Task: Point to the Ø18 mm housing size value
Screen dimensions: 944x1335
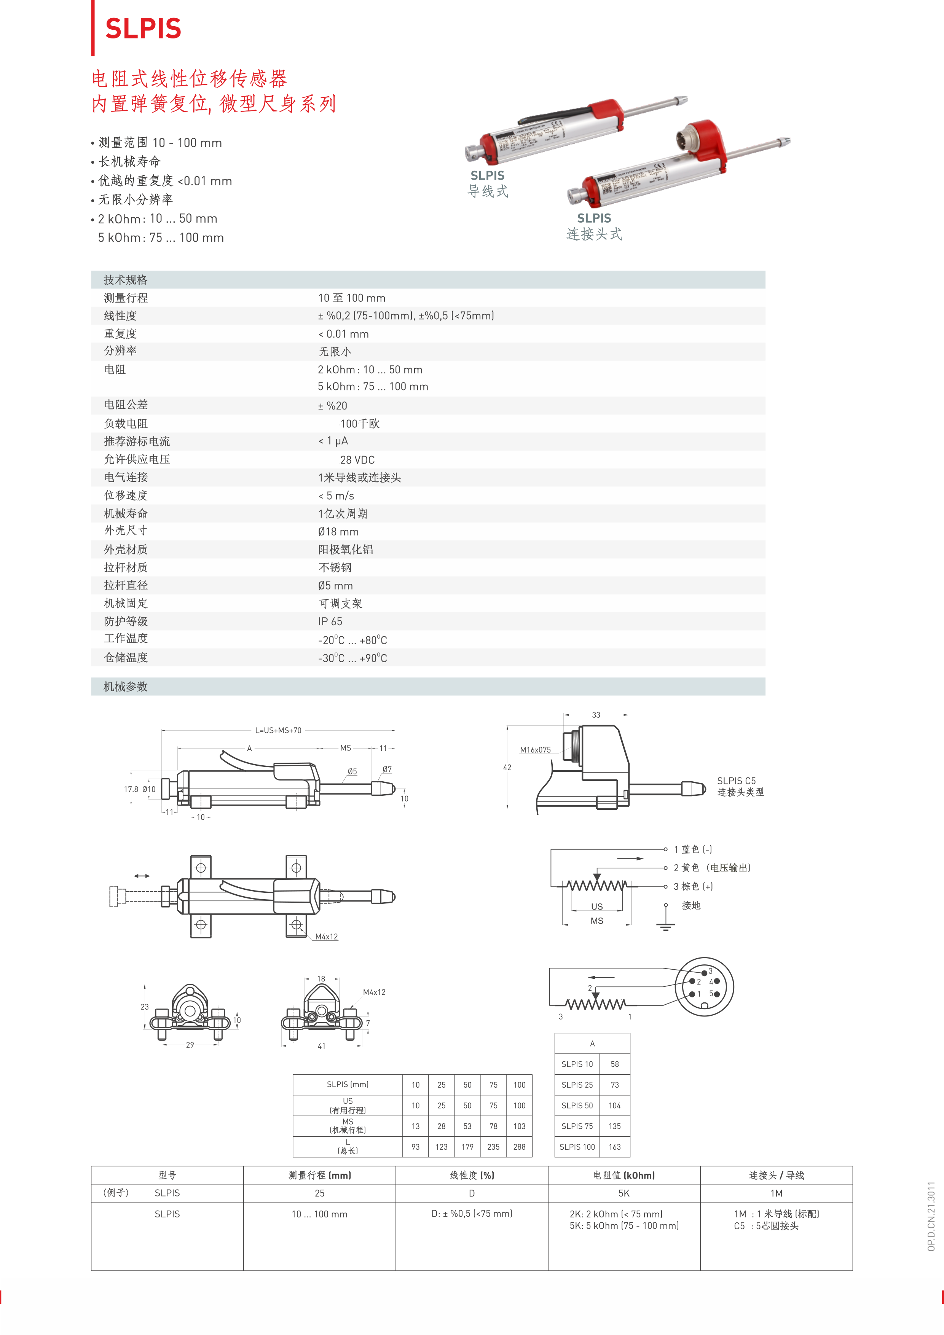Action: point(338,531)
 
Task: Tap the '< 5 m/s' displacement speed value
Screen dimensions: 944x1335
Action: point(336,495)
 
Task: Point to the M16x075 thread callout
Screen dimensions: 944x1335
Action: point(535,749)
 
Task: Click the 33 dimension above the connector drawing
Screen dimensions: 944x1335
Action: point(596,715)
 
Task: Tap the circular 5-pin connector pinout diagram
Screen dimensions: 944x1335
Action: point(704,987)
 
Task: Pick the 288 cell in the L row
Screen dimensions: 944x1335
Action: point(520,1147)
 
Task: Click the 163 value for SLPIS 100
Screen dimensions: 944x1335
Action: point(615,1147)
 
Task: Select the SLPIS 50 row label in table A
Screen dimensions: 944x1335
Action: point(577,1105)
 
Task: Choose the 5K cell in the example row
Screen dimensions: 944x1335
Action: point(624,1193)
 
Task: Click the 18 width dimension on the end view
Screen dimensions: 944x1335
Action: point(321,978)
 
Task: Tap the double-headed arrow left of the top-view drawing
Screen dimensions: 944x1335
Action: point(142,876)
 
